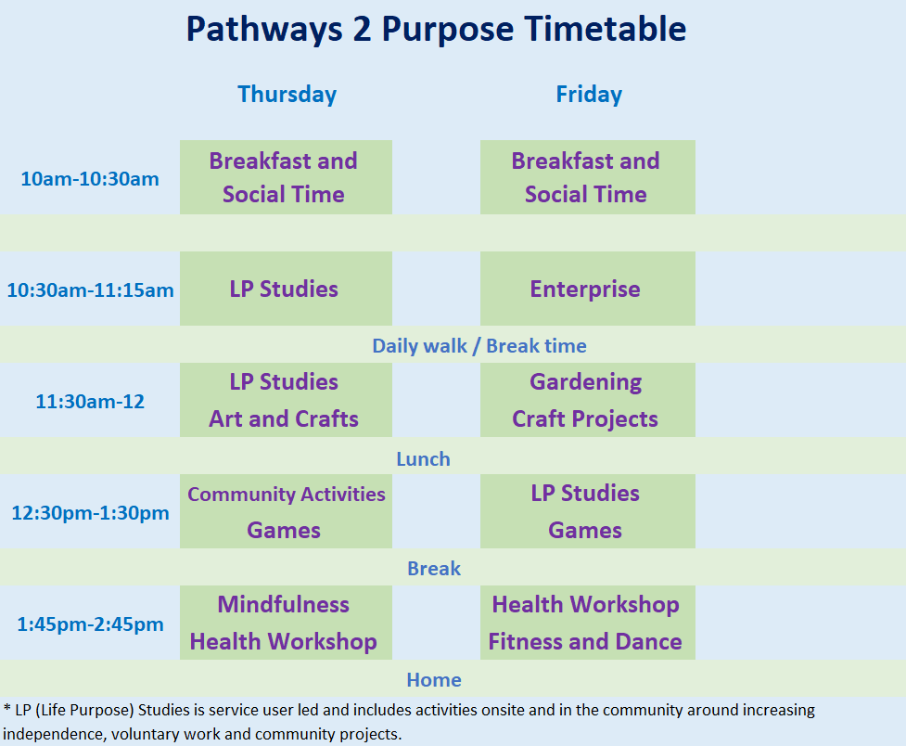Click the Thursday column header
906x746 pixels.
click(287, 95)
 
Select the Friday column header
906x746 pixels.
click(589, 95)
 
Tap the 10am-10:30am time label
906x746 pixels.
click(90, 179)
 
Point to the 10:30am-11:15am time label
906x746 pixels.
click(90, 289)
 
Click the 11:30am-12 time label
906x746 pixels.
click(90, 402)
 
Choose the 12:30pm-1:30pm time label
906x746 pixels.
click(90, 513)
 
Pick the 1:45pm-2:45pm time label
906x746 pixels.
click(90, 624)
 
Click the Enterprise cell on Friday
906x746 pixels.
click(585, 289)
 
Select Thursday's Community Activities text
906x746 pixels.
click(286, 494)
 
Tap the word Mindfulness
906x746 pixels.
click(283, 604)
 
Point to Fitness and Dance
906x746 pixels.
click(585, 642)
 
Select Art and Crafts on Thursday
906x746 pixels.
click(284, 418)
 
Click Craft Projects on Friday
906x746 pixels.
click(585, 419)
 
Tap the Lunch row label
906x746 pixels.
click(423, 459)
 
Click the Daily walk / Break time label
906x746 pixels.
click(479, 346)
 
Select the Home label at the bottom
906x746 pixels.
click(434, 680)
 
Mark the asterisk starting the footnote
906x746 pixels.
click(6, 707)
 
